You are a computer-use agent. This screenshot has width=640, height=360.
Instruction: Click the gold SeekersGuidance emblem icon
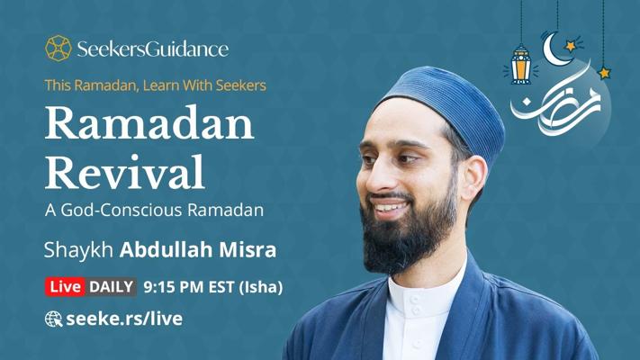click(58, 49)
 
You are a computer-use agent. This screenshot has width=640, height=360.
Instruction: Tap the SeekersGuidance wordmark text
click(153, 49)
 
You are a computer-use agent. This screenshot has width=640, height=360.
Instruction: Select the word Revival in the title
click(124, 172)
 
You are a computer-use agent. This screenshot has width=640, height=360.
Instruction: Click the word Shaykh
click(78, 249)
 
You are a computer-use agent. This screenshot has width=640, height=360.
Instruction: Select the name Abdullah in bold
click(167, 249)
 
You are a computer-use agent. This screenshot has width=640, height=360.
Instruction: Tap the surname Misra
click(248, 250)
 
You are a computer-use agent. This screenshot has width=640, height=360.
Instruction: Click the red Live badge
click(66, 286)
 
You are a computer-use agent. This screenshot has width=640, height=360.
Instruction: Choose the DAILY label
click(111, 286)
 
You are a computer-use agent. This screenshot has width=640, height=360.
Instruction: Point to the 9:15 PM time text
click(174, 287)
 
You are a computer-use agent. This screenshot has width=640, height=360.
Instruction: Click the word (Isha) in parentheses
click(260, 287)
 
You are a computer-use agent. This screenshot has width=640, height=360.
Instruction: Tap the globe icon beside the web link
click(53, 319)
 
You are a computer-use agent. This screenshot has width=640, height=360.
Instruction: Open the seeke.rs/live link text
click(124, 319)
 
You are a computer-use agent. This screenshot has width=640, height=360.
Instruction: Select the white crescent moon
click(554, 50)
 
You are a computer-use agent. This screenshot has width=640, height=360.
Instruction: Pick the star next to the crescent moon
click(571, 46)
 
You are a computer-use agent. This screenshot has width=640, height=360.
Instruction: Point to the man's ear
click(474, 176)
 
